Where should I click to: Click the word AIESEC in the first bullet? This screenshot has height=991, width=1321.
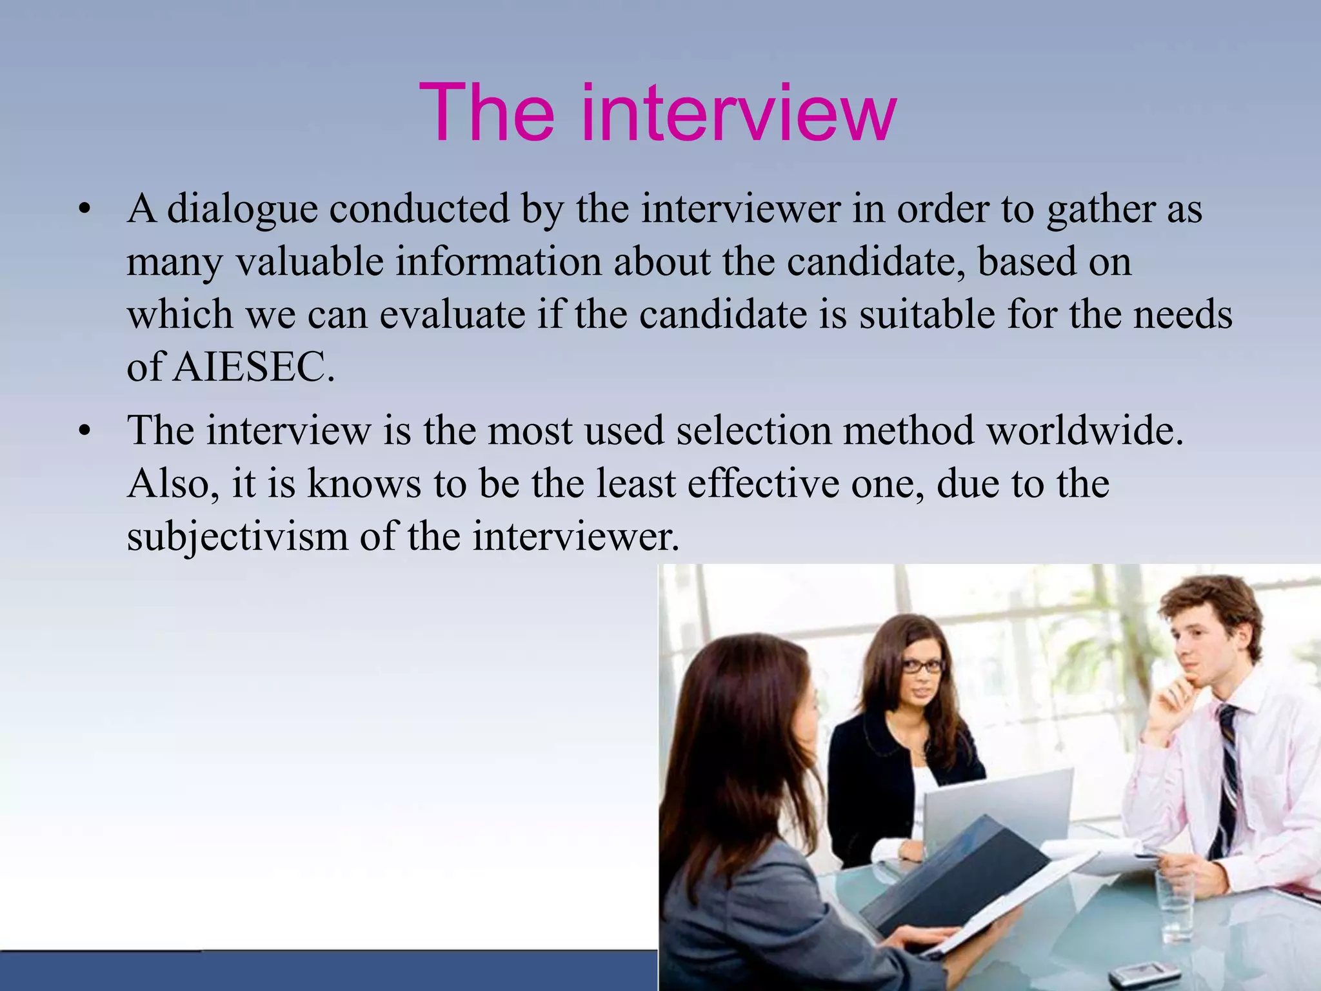[254, 368]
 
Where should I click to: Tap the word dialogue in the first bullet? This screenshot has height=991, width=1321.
[243, 210]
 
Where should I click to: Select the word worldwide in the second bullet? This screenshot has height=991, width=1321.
[1086, 430]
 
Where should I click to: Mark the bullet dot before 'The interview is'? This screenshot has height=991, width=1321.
[84, 431]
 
